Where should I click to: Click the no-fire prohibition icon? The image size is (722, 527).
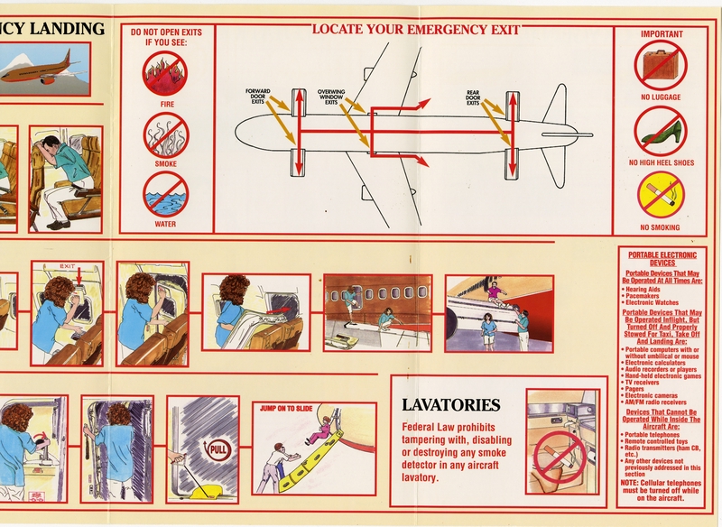(x=167, y=74)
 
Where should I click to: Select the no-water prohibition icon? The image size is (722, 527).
(x=167, y=193)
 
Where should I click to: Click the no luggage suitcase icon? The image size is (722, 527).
(x=660, y=66)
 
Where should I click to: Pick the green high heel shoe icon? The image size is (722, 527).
(x=660, y=132)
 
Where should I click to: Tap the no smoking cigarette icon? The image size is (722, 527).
(x=660, y=195)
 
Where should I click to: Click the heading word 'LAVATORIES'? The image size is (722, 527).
(x=451, y=404)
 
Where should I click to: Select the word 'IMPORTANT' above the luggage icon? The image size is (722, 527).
(x=662, y=35)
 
